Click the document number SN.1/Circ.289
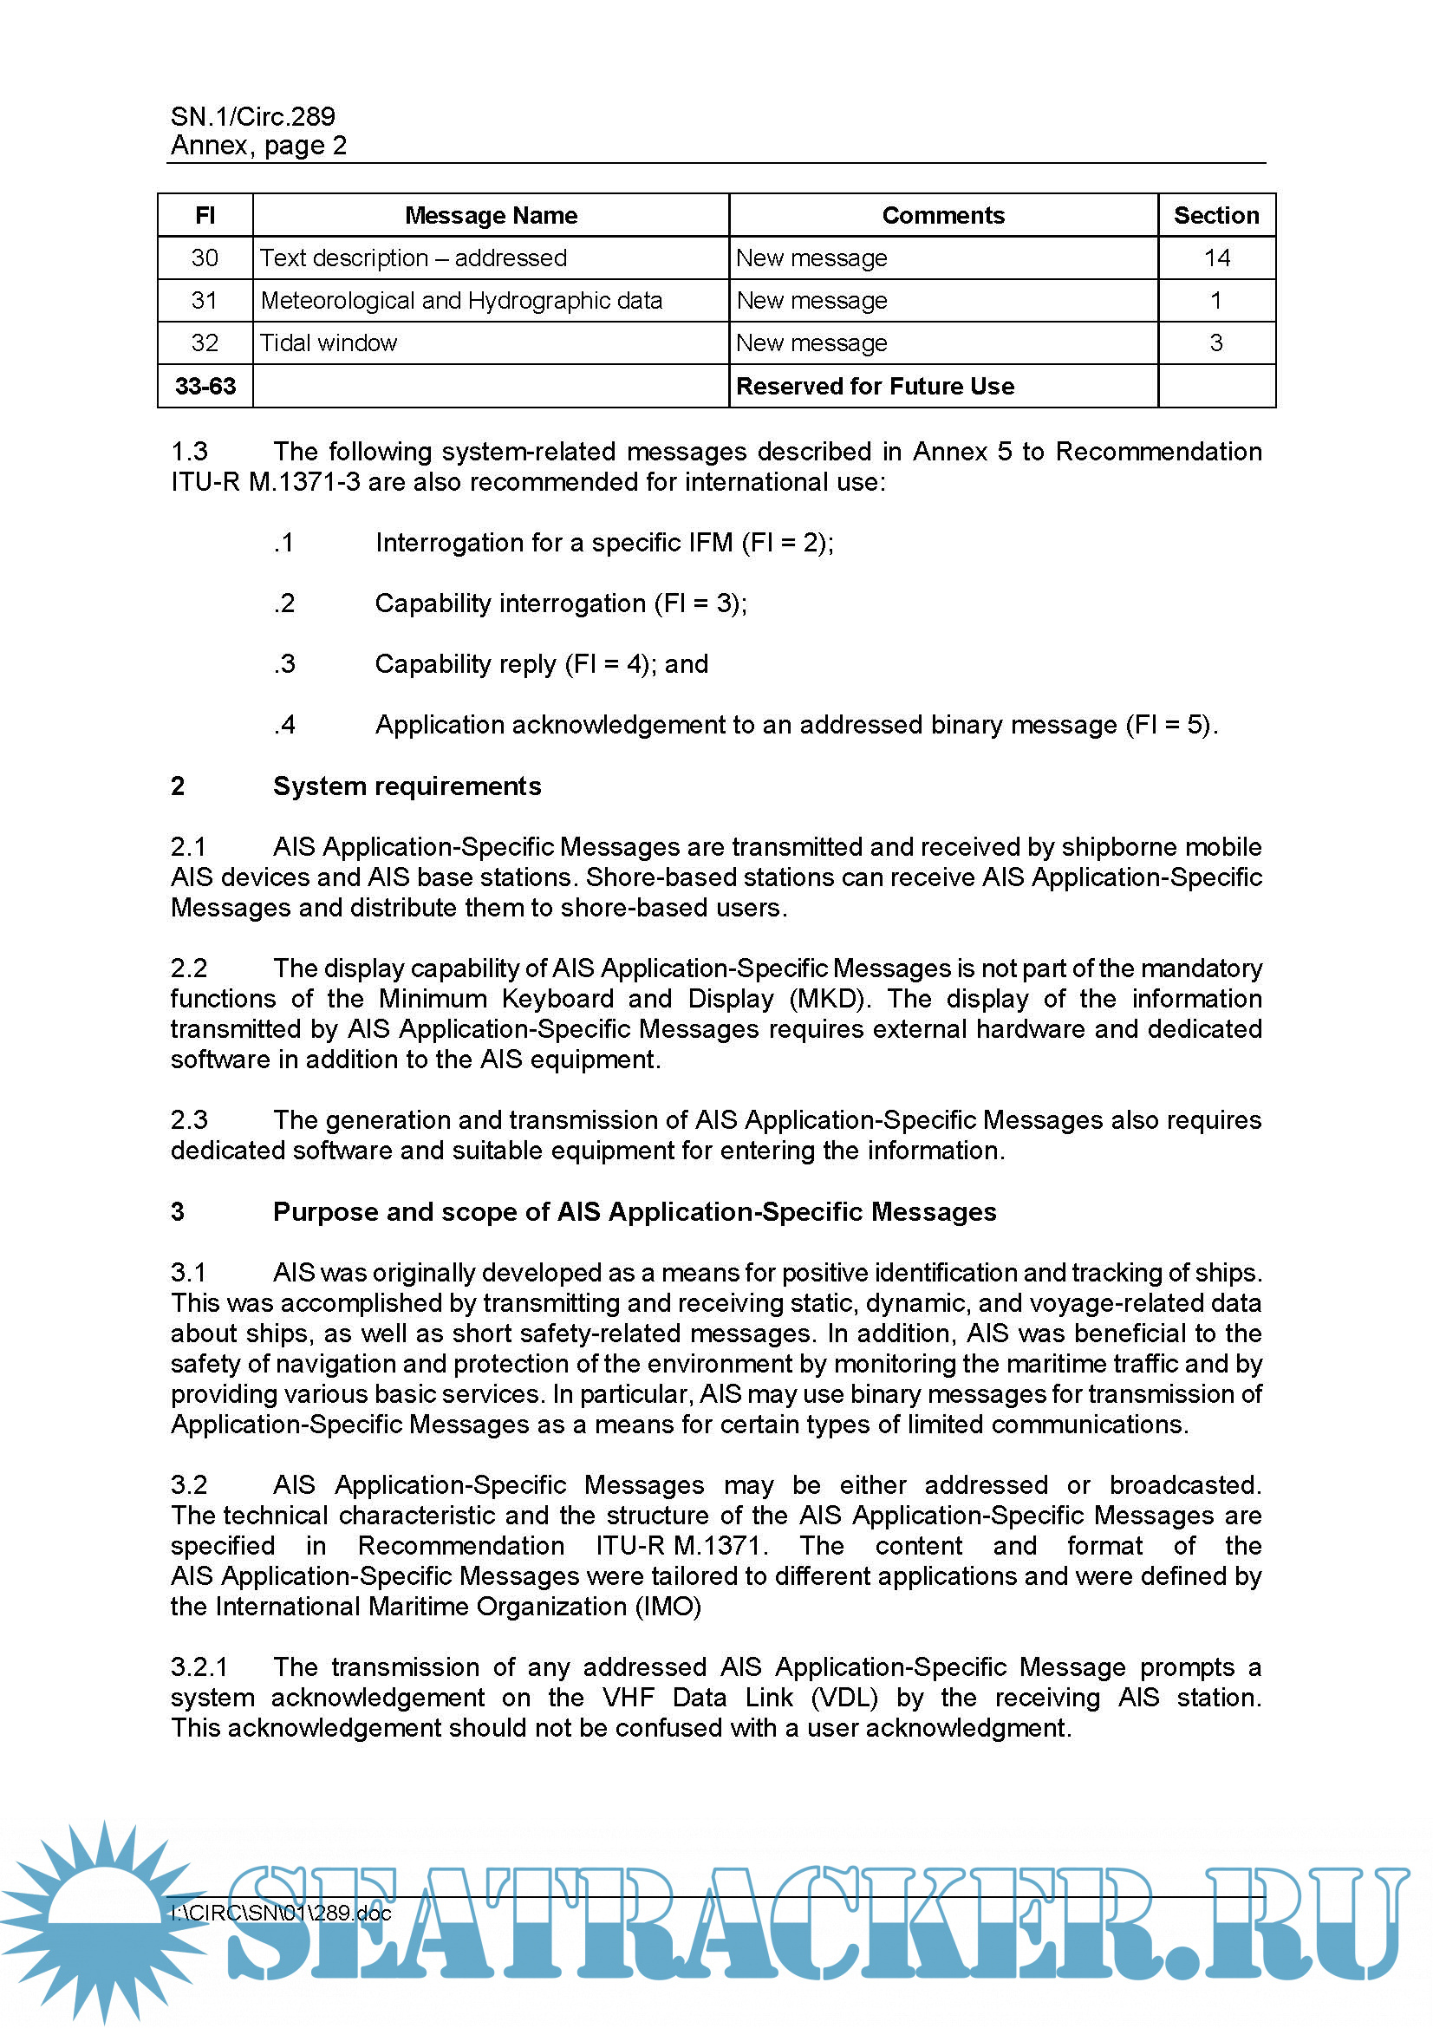click(x=252, y=115)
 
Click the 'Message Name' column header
click(x=491, y=216)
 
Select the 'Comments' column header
click(x=943, y=216)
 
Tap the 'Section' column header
click(x=1215, y=216)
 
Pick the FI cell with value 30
click(x=205, y=258)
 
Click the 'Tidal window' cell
click(x=329, y=342)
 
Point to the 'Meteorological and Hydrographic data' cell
click(x=461, y=300)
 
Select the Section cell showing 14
click(x=1216, y=258)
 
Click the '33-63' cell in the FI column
click(x=205, y=386)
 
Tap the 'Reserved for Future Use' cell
click(x=875, y=386)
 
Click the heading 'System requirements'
click(x=407, y=786)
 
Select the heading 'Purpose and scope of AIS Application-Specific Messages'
click(x=634, y=1212)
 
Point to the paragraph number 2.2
click(x=189, y=968)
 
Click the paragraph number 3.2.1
click(x=199, y=1666)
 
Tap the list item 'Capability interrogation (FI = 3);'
click(x=561, y=603)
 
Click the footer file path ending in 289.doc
click(x=281, y=1914)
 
